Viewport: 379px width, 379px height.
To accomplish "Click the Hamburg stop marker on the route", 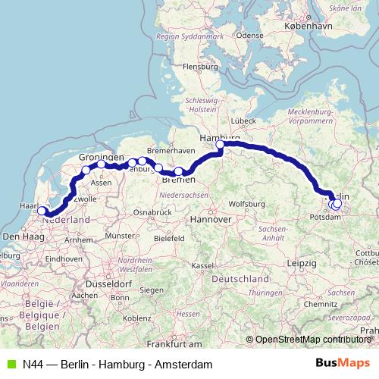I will pos(221,144).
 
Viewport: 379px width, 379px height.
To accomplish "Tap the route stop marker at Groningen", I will pos(101,164).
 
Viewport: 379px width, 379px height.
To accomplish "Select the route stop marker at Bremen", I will pos(178,171).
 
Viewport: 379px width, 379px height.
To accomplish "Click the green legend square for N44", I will pos(10,364).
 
